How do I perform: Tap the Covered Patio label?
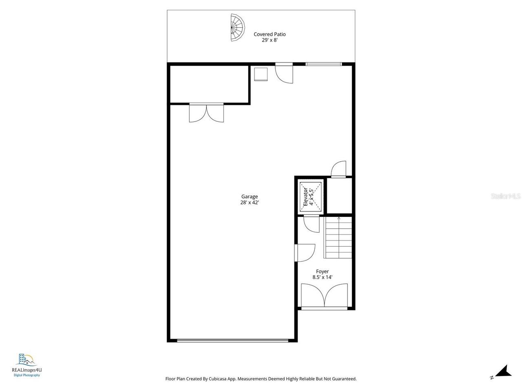[x=270, y=34]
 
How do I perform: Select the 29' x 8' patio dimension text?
[x=270, y=40]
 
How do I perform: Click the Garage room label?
[x=249, y=196]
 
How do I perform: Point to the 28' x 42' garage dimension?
[x=249, y=203]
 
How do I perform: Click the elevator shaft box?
[x=311, y=196]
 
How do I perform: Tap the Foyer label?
[x=322, y=271]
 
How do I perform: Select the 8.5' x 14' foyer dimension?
[x=322, y=277]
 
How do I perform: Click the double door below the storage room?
[x=206, y=113]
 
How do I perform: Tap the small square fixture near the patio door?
[x=261, y=74]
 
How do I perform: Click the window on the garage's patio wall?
[x=323, y=64]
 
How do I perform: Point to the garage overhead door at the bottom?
[x=232, y=340]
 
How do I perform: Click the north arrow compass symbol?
[x=504, y=372]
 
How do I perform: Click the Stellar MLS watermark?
[x=506, y=196]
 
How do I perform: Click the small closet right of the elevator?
[x=339, y=196]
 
